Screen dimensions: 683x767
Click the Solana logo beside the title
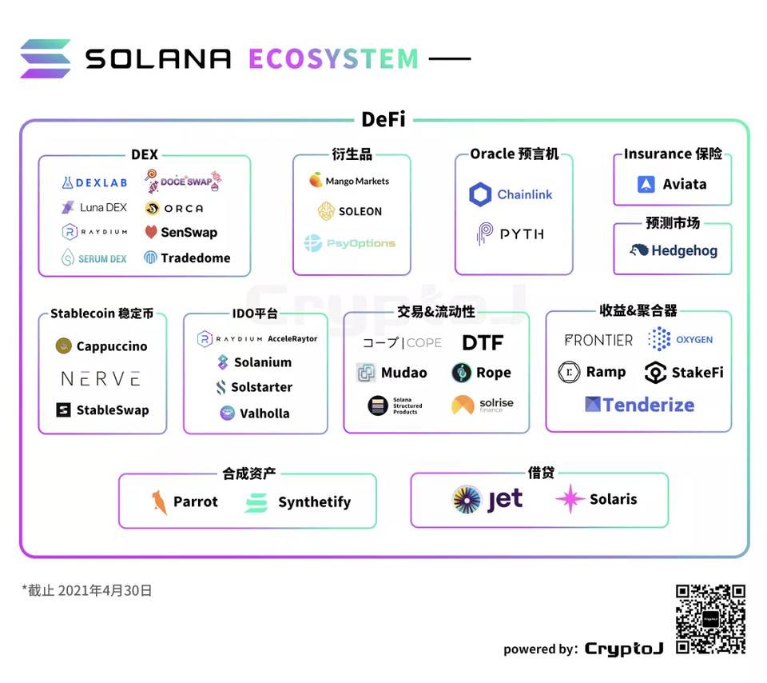point(46,58)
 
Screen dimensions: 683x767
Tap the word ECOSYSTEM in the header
point(333,58)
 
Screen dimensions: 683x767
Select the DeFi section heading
point(383,119)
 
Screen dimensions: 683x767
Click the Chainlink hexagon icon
point(480,194)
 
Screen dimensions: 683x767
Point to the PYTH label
point(522,234)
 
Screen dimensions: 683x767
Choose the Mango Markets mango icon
point(316,181)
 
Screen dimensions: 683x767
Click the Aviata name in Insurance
point(685,184)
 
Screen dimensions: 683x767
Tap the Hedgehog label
point(684,250)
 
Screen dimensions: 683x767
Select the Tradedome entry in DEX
point(195,258)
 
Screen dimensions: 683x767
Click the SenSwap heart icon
point(151,233)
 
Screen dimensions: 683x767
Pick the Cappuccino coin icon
point(64,346)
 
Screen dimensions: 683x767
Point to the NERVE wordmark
point(101,378)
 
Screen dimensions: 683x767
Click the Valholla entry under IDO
point(264,413)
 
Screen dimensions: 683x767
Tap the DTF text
point(483,343)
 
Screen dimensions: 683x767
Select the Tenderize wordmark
point(648,404)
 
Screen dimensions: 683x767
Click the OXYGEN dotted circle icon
point(659,339)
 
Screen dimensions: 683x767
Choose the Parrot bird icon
point(159,502)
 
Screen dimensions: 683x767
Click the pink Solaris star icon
point(570,499)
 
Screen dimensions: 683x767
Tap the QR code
point(710,619)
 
